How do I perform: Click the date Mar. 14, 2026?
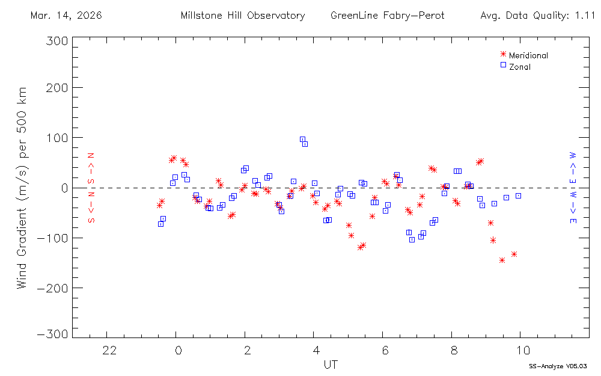[66, 16]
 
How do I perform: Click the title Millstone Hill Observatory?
[243, 16]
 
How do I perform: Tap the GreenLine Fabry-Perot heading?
[387, 16]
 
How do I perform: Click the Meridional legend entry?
[528, 55]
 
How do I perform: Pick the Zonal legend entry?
[519, 67]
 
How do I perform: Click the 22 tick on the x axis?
[109, 350]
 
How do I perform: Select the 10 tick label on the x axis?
[523, 350]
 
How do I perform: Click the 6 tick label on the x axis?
[385, 350]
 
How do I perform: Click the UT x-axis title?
[331, 365]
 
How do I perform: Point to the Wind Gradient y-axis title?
[22, 188]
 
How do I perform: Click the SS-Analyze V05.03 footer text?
[557, 366]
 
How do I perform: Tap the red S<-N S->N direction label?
[92, 188]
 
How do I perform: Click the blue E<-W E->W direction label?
[573, 188]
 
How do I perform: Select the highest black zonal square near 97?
[302, 139]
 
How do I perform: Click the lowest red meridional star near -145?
[502, 260]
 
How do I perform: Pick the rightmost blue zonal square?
[518, 196]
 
